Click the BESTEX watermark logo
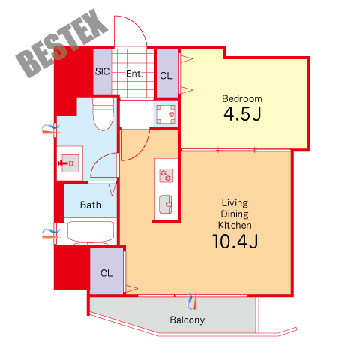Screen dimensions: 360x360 pos(62,43)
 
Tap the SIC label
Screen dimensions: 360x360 pos(102,71)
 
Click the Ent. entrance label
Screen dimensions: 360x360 pos(135,73)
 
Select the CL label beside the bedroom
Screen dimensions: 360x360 pos(166,76)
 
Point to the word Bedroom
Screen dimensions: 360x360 pos(242,99)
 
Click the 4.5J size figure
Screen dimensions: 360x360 pos(242,114)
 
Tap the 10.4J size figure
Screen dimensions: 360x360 pos(235,241)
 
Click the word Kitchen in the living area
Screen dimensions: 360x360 pos(235,225)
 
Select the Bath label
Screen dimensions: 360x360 pos(91,205)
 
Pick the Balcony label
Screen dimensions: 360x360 pos(187,320)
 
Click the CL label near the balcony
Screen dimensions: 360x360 pos(106,273)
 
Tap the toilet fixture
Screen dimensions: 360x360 pos(103,114)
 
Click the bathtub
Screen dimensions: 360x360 pos(91,232)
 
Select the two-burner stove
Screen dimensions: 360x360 pos(166,175)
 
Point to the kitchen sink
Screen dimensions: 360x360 pos(166,204)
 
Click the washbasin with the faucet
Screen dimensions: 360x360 pos(70,163)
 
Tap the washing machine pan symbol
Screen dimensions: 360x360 pos(166,114)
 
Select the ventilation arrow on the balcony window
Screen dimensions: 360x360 pos(193,301)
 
